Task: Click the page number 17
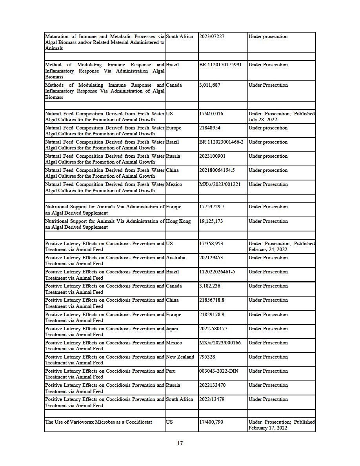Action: (x=180, y=444)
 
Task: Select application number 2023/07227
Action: (x=212, y=36)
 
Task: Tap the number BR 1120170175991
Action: (x=220, y=65)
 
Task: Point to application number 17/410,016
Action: (x=213, y=114)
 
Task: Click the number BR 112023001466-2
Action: (x=222, y=142)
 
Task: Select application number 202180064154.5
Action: (x=218, y=170)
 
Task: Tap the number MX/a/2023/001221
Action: (x=220, y=184)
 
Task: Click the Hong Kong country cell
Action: (x=178, y=221)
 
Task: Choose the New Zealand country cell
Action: (x=180, y=357)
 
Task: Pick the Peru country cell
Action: (x=171, y=371)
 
